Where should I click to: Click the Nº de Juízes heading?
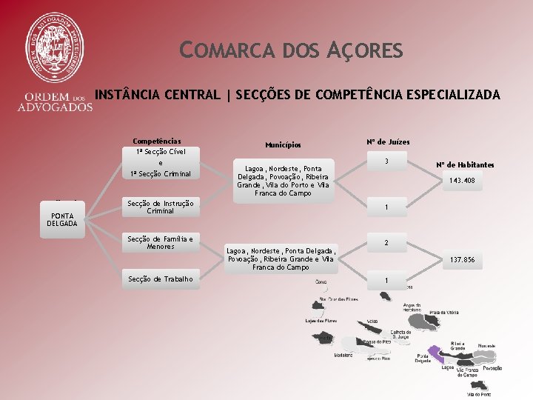[387, 141]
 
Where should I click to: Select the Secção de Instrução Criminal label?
[161, 207]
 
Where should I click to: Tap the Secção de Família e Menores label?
[161, 242]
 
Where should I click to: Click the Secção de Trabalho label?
[161, 279]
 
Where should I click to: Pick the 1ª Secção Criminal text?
[161, 174]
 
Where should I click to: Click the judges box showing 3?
[386, 161]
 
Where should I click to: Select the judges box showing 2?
[386, 243]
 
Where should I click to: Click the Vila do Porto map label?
[478, 395]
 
